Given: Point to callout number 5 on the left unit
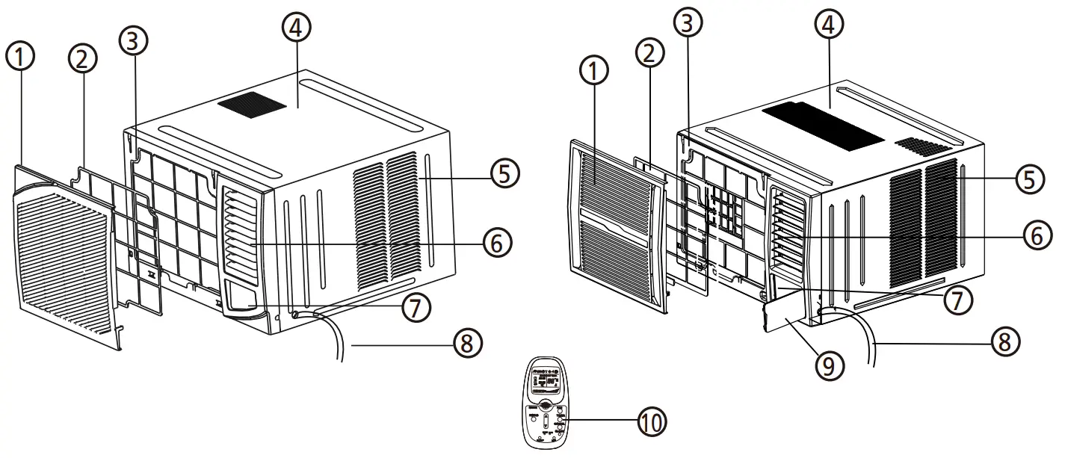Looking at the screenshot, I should coord(505,173).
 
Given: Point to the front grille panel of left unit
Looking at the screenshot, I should coord(67,254).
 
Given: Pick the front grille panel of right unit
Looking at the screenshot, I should coord(613,224).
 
